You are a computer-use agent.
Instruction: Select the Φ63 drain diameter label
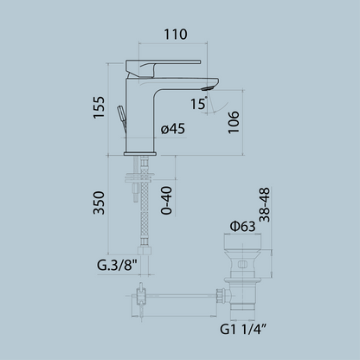pyautogui.click(x=243, y=227)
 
